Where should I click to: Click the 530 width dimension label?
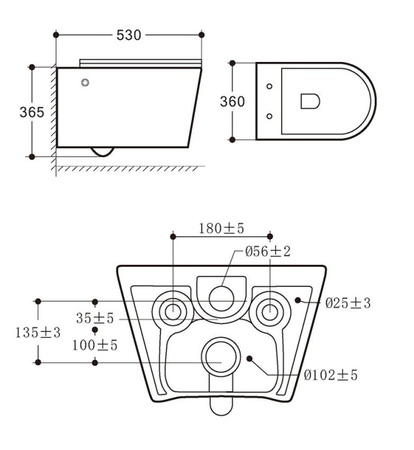[x=128, y=35]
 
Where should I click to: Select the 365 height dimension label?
[x=32, y=112]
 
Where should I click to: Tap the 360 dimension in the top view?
[x=232, y=102]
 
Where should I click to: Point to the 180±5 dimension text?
[x=222, y=228]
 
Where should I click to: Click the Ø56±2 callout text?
[x=268, y=252]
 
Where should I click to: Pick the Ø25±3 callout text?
[x=348, y=303]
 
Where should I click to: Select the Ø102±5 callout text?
[x=331, y=375]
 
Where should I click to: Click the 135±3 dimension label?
[x=38, y=332]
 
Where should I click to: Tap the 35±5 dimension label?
[x=95, y=318]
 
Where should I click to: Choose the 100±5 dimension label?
[x=95, y=345]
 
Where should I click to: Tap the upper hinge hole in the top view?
[x=269, y=87]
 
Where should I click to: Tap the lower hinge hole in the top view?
[x=269, y=116]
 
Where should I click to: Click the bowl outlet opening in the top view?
[x=310, y=101]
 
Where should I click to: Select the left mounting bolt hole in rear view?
[x=172, y=311]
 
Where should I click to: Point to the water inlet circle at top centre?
[x=221, y=297]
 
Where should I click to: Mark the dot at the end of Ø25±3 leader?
[x=297, y=300]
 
